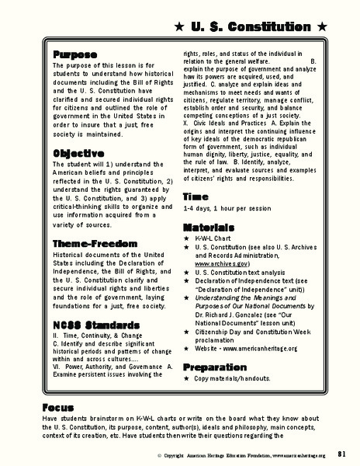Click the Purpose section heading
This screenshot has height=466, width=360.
(74, 55)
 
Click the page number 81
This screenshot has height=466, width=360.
(342, 454)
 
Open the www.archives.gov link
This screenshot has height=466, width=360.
(220, 263)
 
